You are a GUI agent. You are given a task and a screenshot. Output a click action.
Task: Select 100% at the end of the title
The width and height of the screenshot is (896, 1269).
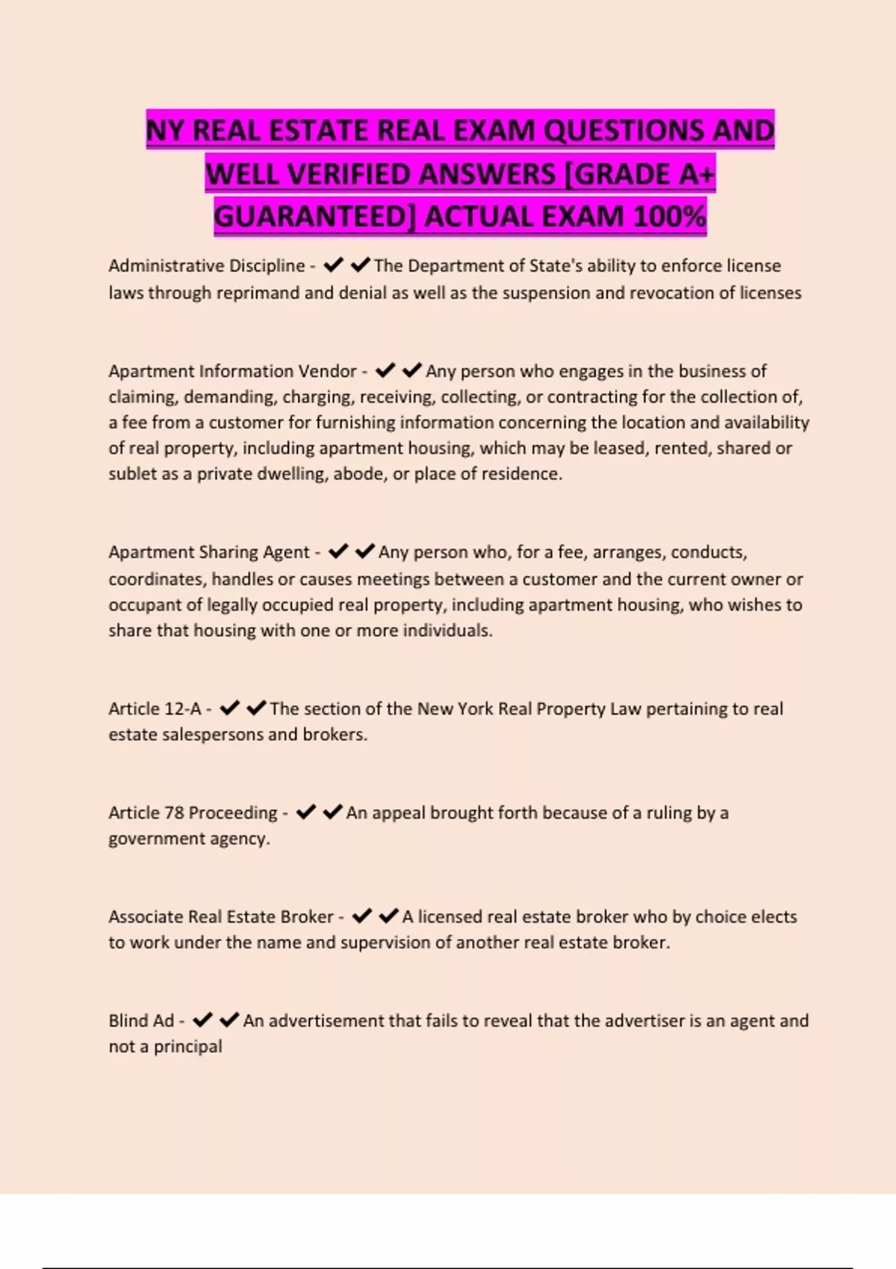coord(668,216)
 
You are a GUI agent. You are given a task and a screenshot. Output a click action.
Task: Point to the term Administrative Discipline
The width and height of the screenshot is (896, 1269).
coord(207,266)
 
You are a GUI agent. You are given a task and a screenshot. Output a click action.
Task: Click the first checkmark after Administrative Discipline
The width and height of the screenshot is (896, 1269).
coord(333,265)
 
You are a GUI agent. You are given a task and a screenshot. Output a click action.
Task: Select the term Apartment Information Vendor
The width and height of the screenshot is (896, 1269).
coord(232,371)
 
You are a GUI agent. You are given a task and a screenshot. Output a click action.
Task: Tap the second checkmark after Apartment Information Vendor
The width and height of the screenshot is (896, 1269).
coord(412,370)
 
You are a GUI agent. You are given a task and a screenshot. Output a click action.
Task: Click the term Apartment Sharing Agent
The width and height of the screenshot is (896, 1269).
coord(208,552)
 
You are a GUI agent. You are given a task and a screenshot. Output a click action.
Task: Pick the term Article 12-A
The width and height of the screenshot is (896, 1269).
coord(155,708)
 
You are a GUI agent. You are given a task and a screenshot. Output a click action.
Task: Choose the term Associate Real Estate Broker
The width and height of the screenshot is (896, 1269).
coord(220,917)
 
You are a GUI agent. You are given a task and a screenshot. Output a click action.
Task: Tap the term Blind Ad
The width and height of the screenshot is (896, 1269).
coord(141,1020)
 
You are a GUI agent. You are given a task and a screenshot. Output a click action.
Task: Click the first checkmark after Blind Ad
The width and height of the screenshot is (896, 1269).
coord(202,1020)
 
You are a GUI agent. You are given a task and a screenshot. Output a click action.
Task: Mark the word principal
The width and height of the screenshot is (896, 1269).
coord(187,1047)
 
